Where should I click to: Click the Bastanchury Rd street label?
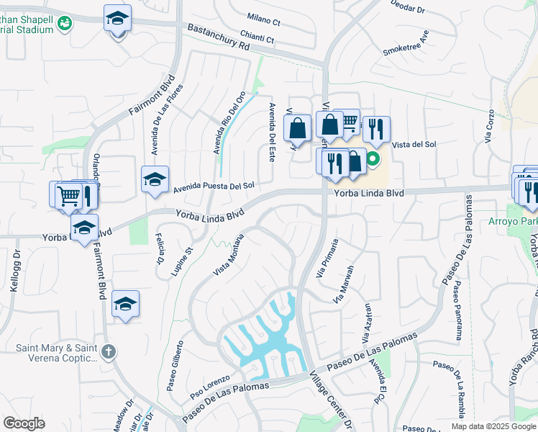tap(217, 37)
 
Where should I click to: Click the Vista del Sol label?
tap(414, 145)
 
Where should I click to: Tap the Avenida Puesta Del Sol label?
tap(214, 187)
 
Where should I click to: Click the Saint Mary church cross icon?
tap(108, 351)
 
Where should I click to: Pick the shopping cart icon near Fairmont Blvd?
tap(68, 194)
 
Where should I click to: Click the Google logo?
tap(24, 423)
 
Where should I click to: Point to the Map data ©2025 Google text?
tap(493, 426)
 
